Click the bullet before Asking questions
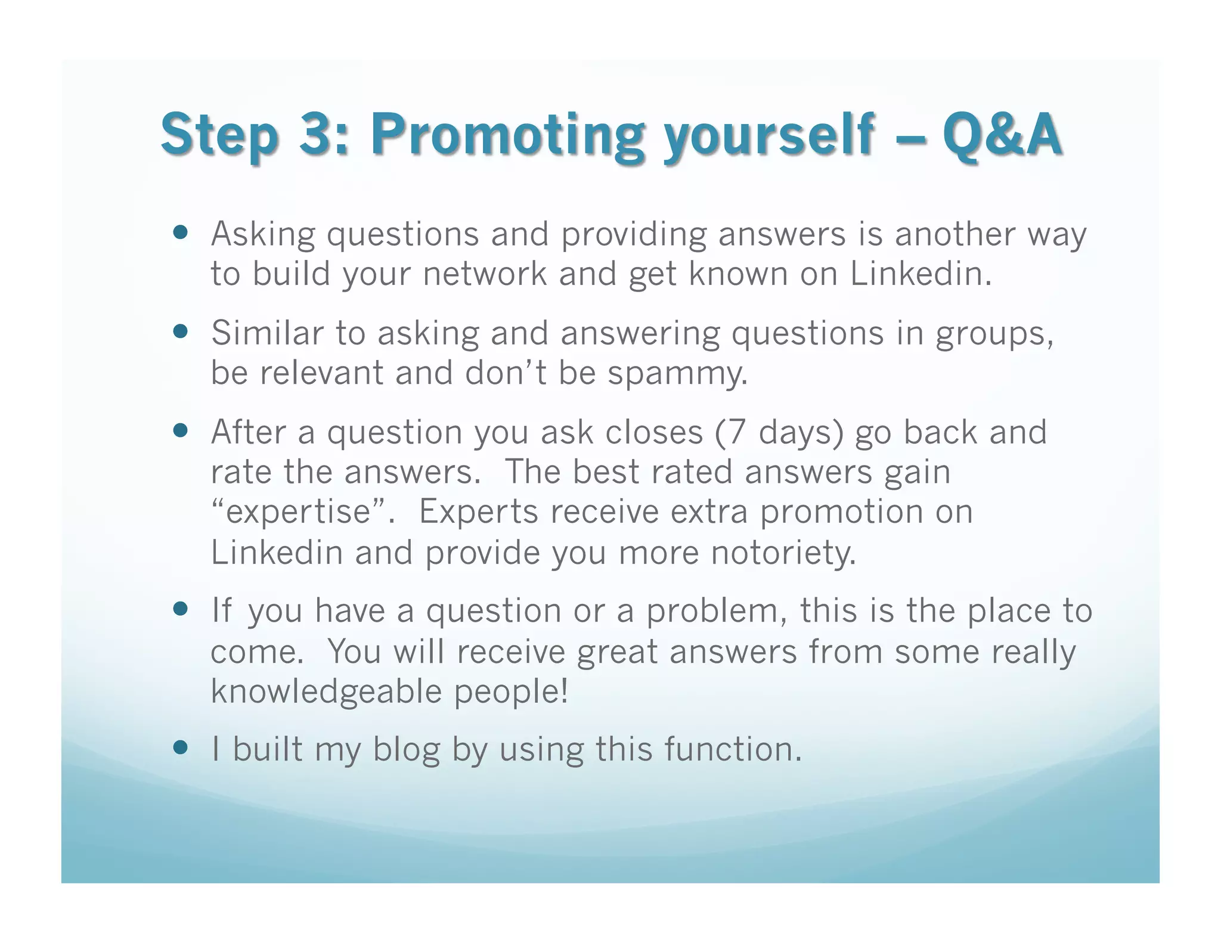(x=180, y=232)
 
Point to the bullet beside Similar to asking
(x=180, y=331)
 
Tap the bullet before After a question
(x=180, y=430)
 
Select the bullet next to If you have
(x=180, y=610)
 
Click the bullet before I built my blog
(x=180, y=747)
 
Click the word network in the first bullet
(x=485, y=274)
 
